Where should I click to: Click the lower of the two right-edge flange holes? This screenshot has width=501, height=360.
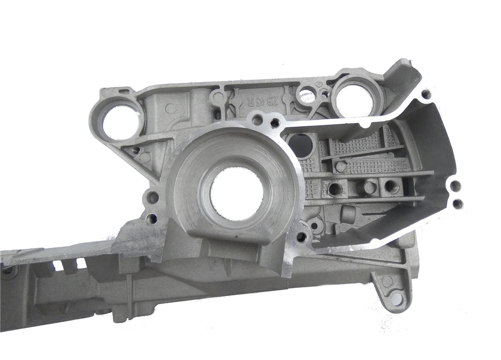456,203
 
